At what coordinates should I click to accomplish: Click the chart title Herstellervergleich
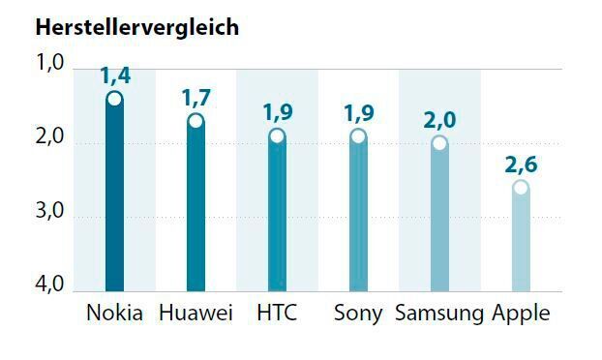coord(136,26)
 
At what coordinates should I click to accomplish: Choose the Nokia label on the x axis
coord(114,314)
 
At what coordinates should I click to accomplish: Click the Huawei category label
coord(196,314)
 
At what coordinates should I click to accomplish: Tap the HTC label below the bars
coord(277,314)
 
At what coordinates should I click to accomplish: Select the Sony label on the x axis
coord(358,314)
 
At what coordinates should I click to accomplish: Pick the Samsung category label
coord(438,314)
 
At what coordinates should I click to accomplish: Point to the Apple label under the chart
coord(521,314)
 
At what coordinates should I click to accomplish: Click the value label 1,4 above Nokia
coord(115,75)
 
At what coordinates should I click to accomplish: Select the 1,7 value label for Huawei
coord(196,97)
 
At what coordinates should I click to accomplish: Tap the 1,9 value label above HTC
coord(278,112)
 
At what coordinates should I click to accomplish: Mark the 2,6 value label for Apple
coord(521,164)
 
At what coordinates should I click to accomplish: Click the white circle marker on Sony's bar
coord(358,135)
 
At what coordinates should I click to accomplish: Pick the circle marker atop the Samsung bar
coord(439,143)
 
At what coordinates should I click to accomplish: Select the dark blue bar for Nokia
coord(114,203)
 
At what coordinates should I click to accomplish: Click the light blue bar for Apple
coord(521,242)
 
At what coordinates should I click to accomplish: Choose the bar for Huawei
coord(196,213)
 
